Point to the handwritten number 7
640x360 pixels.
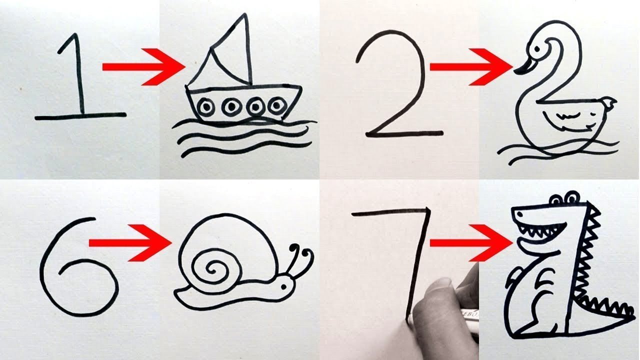[x=420, y=257]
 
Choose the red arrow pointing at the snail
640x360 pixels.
[x=130, y=243]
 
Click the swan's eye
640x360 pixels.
[x=537, y=49]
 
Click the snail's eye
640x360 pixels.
[x=283, y=286]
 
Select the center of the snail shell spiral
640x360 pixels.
[x=213, y=269]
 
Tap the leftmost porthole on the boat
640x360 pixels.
[x=206, y=106]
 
